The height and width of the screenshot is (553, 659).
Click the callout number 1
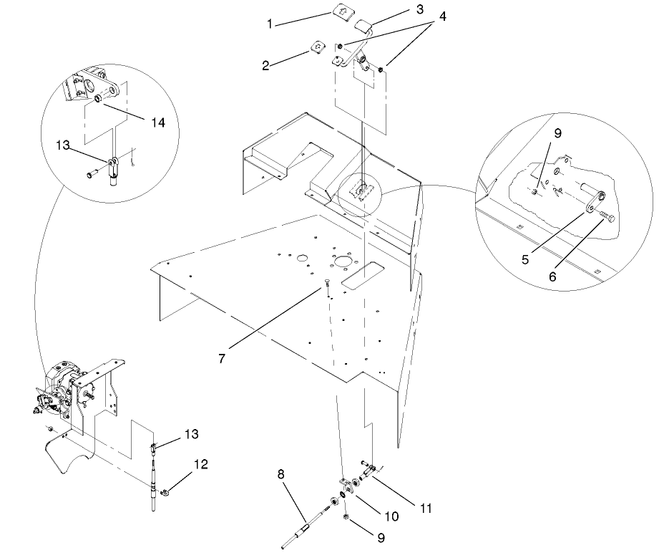tap(270, 24)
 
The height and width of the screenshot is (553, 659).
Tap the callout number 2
tap(265, 66)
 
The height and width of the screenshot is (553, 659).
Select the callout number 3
tap(419, 9)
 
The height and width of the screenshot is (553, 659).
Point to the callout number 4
tap(442, 16)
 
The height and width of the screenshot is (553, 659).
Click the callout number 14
tap(158, 122)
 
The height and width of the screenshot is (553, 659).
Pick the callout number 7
tap(222, 358)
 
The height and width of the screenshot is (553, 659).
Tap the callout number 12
tap(201, 464)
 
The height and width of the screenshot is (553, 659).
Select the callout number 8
tap(280, 474)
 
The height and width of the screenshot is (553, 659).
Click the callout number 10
tap(391, 516)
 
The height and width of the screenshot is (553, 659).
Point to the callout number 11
tap(426, 509)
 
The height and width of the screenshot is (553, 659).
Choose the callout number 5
tap(525, 259)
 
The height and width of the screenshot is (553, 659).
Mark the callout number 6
tap(552, 276)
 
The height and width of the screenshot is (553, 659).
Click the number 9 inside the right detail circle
tap(557, 133)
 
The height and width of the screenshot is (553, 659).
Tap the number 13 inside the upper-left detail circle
tap(63, 145)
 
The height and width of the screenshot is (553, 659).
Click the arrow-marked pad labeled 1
tap(343, 11)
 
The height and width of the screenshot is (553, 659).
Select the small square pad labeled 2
tap(318, 47)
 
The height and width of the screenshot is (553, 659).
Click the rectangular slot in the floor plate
tap(362, 275)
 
